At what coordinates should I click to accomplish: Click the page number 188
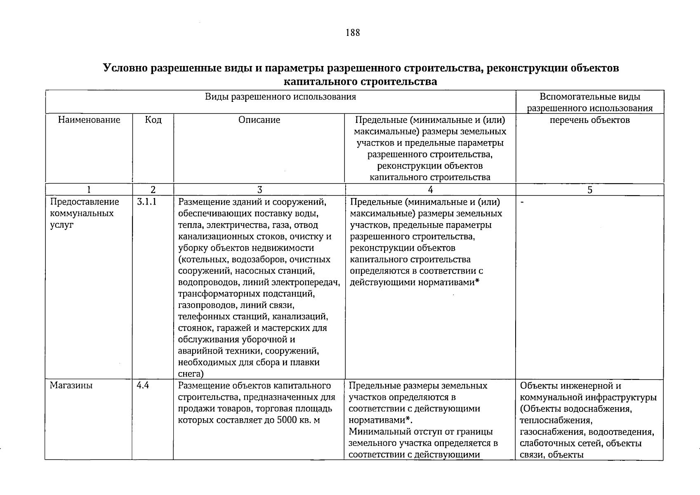pyautogui.click(x=353, y=33)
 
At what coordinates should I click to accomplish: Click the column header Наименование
pyautogui.click(x=89, y=120)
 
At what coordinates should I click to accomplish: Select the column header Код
pyautogui.click(x=153, y=120)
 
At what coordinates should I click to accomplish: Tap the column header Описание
pyautogui.click(x=259, y=120)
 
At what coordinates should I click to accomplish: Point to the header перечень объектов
pyautogui.click(x=589, y=120)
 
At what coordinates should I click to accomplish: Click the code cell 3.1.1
pyautogui.click(x=146, y=202)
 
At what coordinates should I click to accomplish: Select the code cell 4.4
pyautogui.click(x=143, y=386)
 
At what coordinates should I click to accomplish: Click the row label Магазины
pyautogui.click(x=71, y=386)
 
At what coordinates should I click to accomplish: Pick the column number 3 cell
pyautogui.click(x=259, y=190)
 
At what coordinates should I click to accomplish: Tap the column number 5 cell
pyautogui.click(x=589, y=190)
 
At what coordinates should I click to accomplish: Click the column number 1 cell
pyautogui.click(x=89, y=190)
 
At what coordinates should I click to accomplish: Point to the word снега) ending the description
pyautogui.click(x=191, y=374)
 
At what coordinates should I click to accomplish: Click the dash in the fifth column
pyautogui.click(x=522, y=202)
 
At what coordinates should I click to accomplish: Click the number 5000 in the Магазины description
pyautogui.click(x=287, y=420)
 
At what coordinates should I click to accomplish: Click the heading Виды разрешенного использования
pyautogui.click(x=280, y=97)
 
